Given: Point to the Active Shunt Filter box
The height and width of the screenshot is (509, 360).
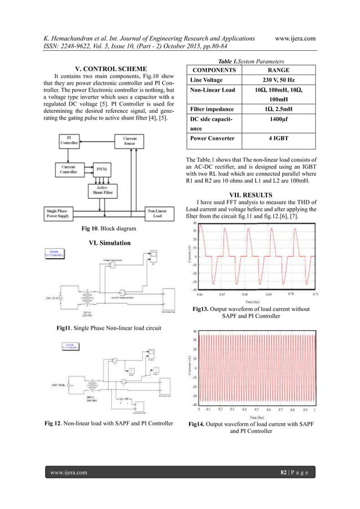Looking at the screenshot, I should point(102,192).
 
